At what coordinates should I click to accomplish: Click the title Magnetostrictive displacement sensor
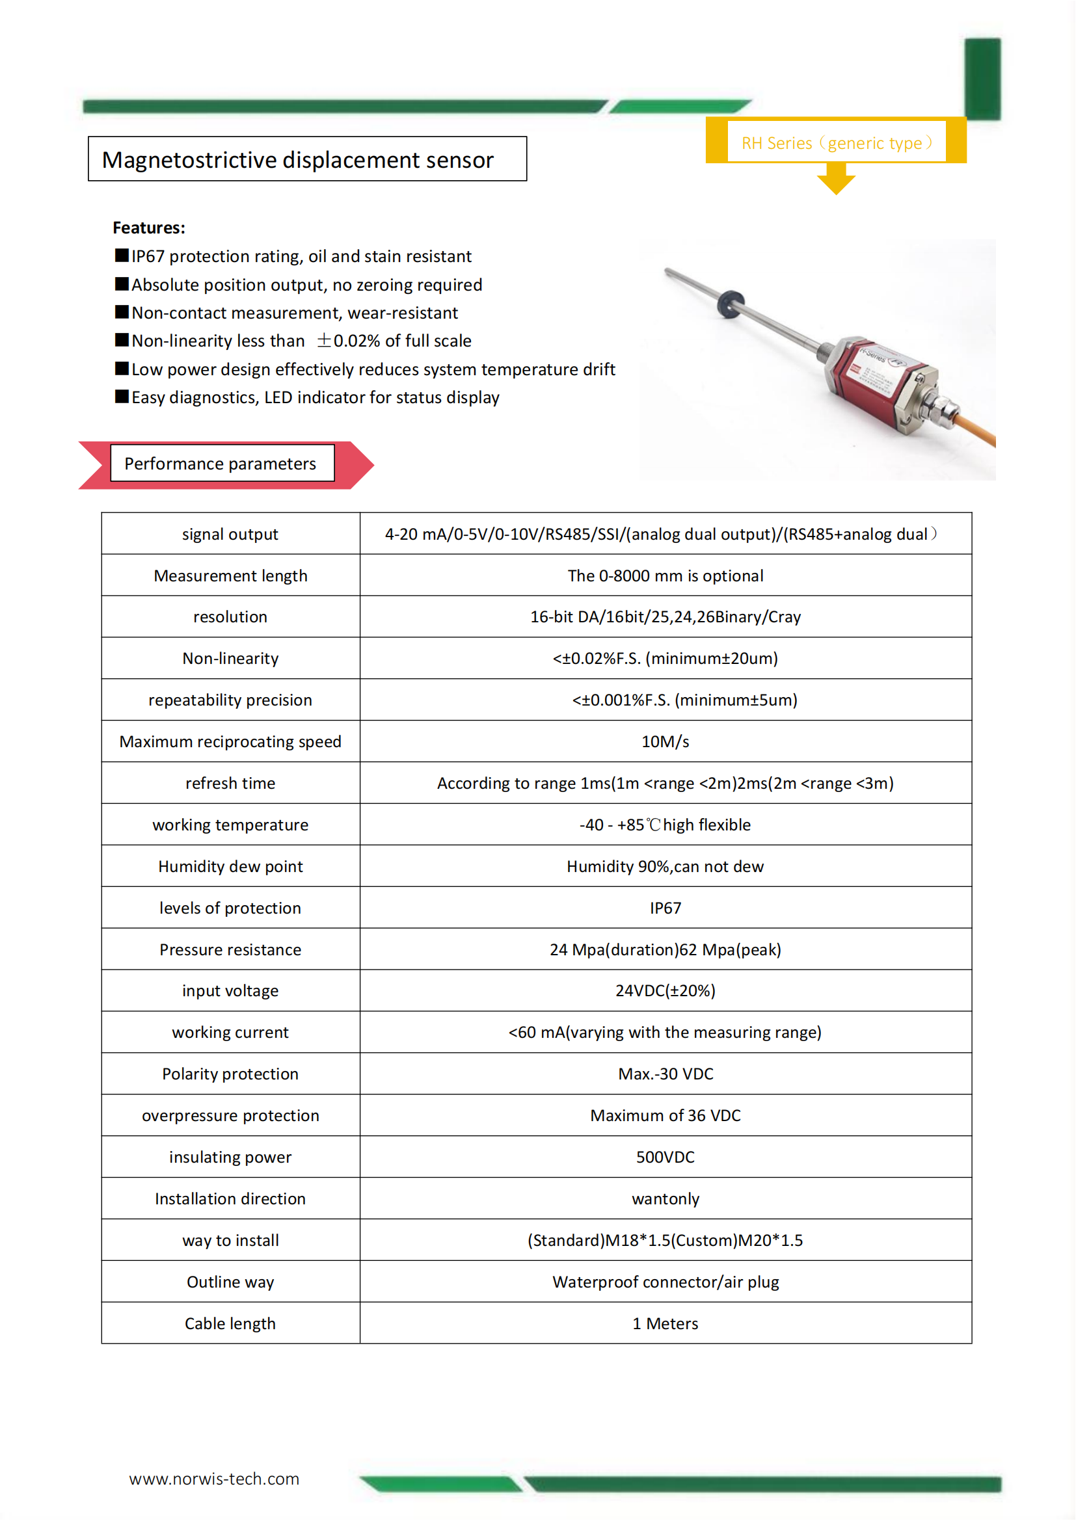tap(297, 160)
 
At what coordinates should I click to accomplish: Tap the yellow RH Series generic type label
tap(837, 142)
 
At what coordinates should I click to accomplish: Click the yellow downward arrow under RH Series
tap(836, 179)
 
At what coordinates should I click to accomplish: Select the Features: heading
tap(149, 228)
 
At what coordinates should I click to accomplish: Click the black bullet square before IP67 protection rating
tap(122, 256)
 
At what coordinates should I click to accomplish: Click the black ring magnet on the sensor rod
tap(730, 304)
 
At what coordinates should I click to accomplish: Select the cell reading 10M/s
tap(666, 741)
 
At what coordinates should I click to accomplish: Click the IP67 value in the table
tap(666, 908)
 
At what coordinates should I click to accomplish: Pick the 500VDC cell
tap(666, 1157)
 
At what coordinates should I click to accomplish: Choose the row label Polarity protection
tap(230, 1074)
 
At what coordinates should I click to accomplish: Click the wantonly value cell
tap(666, 1198)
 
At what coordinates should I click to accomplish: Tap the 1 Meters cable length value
tap(666, 1323)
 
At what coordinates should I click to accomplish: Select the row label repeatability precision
tap(230, 700)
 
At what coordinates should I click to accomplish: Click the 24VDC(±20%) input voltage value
tap(666, 990)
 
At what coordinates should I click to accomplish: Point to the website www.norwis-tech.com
tap(214, 1479)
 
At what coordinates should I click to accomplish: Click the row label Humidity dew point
tap(230, 866)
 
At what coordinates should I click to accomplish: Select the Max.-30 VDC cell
tap(666, 1074)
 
